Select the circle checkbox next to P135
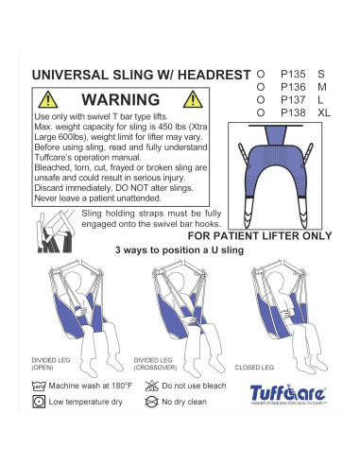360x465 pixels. point(261,72)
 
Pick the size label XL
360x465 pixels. point(325,113)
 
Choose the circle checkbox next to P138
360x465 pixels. point(261,113)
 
